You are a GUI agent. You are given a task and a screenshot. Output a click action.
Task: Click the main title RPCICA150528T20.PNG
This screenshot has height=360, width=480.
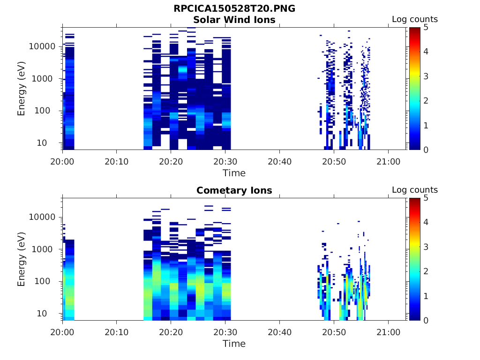[x=234, y=8]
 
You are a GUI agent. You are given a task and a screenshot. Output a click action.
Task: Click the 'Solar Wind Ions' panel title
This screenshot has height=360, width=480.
[x=234, y=20]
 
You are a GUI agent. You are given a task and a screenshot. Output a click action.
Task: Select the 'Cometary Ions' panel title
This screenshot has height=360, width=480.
[x=234, y=190]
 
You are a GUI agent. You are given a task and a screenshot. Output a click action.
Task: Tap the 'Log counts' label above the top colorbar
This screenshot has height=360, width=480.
[x=414, y=19]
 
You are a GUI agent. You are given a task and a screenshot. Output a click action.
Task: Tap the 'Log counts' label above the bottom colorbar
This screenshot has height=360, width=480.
[x=414, y=190]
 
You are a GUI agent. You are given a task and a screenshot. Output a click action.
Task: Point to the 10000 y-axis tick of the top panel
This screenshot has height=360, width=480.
[x=43, y=46]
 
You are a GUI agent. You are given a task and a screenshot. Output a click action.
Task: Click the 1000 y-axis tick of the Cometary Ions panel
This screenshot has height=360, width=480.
[x=45, y=249]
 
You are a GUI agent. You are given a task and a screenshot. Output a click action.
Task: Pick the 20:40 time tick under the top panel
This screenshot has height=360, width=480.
[x=279, y=161]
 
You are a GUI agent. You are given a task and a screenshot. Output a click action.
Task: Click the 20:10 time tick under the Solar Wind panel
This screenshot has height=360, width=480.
[x=117, y=161]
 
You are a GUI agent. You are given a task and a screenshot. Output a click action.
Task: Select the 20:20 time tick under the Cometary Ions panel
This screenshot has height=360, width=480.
[x=171, y=332]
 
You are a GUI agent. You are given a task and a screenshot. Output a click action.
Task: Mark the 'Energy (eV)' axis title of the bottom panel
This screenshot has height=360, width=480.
[x=21, y=260]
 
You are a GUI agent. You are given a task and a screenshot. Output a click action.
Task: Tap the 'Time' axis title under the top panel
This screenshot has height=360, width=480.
[x=234, y=173]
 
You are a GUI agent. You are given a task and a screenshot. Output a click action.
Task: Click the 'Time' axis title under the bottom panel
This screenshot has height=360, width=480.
[x=234, y=344]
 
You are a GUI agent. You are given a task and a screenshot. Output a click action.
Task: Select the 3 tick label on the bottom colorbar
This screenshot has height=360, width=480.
[x=426, y=247]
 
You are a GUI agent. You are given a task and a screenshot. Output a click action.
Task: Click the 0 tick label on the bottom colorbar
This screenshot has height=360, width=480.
[x=426, y=320]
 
